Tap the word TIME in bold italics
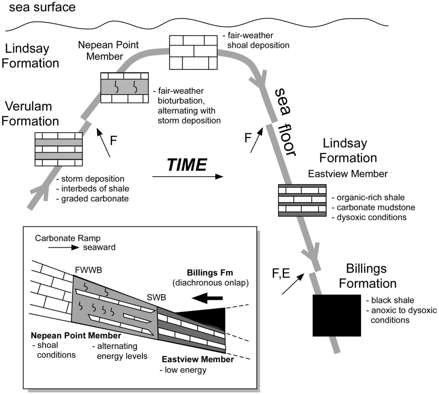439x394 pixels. (x=186, y=164)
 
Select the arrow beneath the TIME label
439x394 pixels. (x=188, y=176)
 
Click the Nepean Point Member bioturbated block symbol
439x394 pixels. (x=124, y=87)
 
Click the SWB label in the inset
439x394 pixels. (x=153, y=297)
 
